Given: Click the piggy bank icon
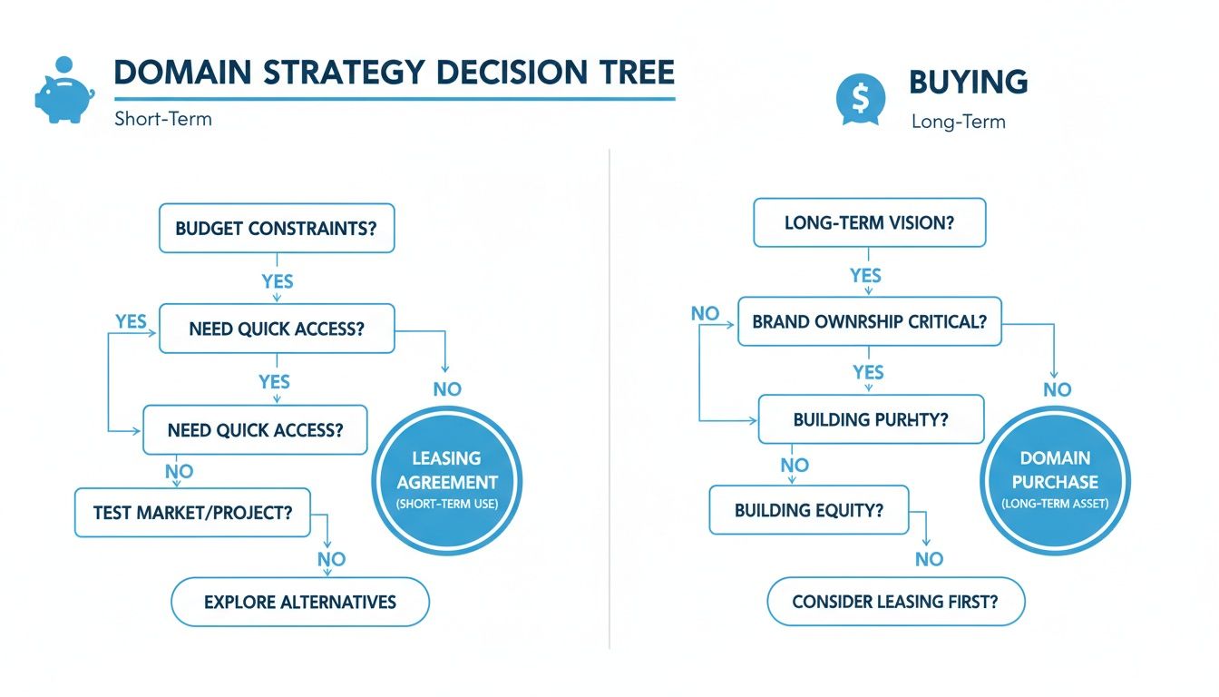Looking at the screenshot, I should [x=63, y=91].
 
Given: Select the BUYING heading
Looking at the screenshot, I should [x=968, y=83].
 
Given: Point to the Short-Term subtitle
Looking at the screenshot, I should [x=163, y=119].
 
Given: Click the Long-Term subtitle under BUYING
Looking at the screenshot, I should [x=958, y=122].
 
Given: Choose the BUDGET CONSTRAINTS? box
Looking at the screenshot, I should [x=277, y=228].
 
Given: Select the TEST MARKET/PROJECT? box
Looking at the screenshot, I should [x=192, y=512].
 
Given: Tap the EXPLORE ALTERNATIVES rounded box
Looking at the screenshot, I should [x=300, y=601].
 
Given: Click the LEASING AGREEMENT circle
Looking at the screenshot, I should [x=447, y=479].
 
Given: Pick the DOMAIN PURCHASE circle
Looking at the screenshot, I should [x=1055, y=479].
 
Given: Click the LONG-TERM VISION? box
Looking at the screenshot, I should [x=869, y=222].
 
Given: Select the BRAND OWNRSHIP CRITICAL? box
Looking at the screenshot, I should [x=869, y=321].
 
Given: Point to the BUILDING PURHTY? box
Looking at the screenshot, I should [x=870, y=419].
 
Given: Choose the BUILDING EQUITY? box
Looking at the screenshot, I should [x=808, y=510].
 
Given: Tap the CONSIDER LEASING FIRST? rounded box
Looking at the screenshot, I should [x=895, y=602].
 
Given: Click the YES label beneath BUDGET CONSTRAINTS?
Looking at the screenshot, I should [x=277, y=281].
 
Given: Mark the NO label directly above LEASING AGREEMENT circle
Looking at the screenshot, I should [x=447, y=389].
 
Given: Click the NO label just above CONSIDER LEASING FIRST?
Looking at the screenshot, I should [x=929, y=559].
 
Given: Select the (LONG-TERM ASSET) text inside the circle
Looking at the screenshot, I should [x=1055, y=504].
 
